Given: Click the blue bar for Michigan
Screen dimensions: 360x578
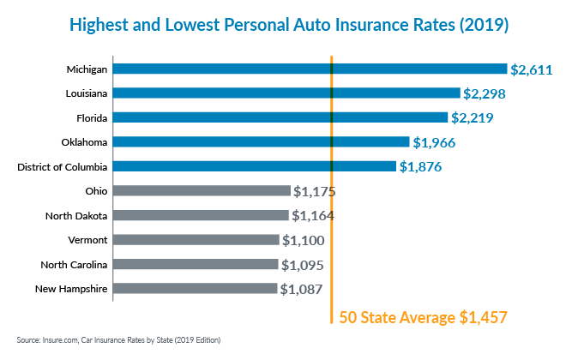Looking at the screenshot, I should (310, 69).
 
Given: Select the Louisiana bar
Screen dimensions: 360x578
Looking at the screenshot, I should (286, 93).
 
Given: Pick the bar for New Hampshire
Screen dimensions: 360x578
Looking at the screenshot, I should (195, 289).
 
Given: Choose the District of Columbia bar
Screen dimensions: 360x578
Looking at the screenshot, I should (254, 166).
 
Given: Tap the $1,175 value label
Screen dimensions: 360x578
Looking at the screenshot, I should (319, 191).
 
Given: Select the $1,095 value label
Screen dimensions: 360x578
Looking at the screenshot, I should (306, 265).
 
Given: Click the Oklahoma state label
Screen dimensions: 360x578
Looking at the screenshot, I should (85, 142).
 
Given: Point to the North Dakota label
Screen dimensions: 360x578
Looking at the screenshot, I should (77, 215).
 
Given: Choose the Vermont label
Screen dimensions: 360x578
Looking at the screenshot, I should (87, 240).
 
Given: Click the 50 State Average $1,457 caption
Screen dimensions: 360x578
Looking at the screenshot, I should (424, 318).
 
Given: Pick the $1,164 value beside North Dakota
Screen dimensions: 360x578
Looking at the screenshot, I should (313, 215).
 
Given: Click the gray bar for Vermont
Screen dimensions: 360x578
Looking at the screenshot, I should (196, 240).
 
